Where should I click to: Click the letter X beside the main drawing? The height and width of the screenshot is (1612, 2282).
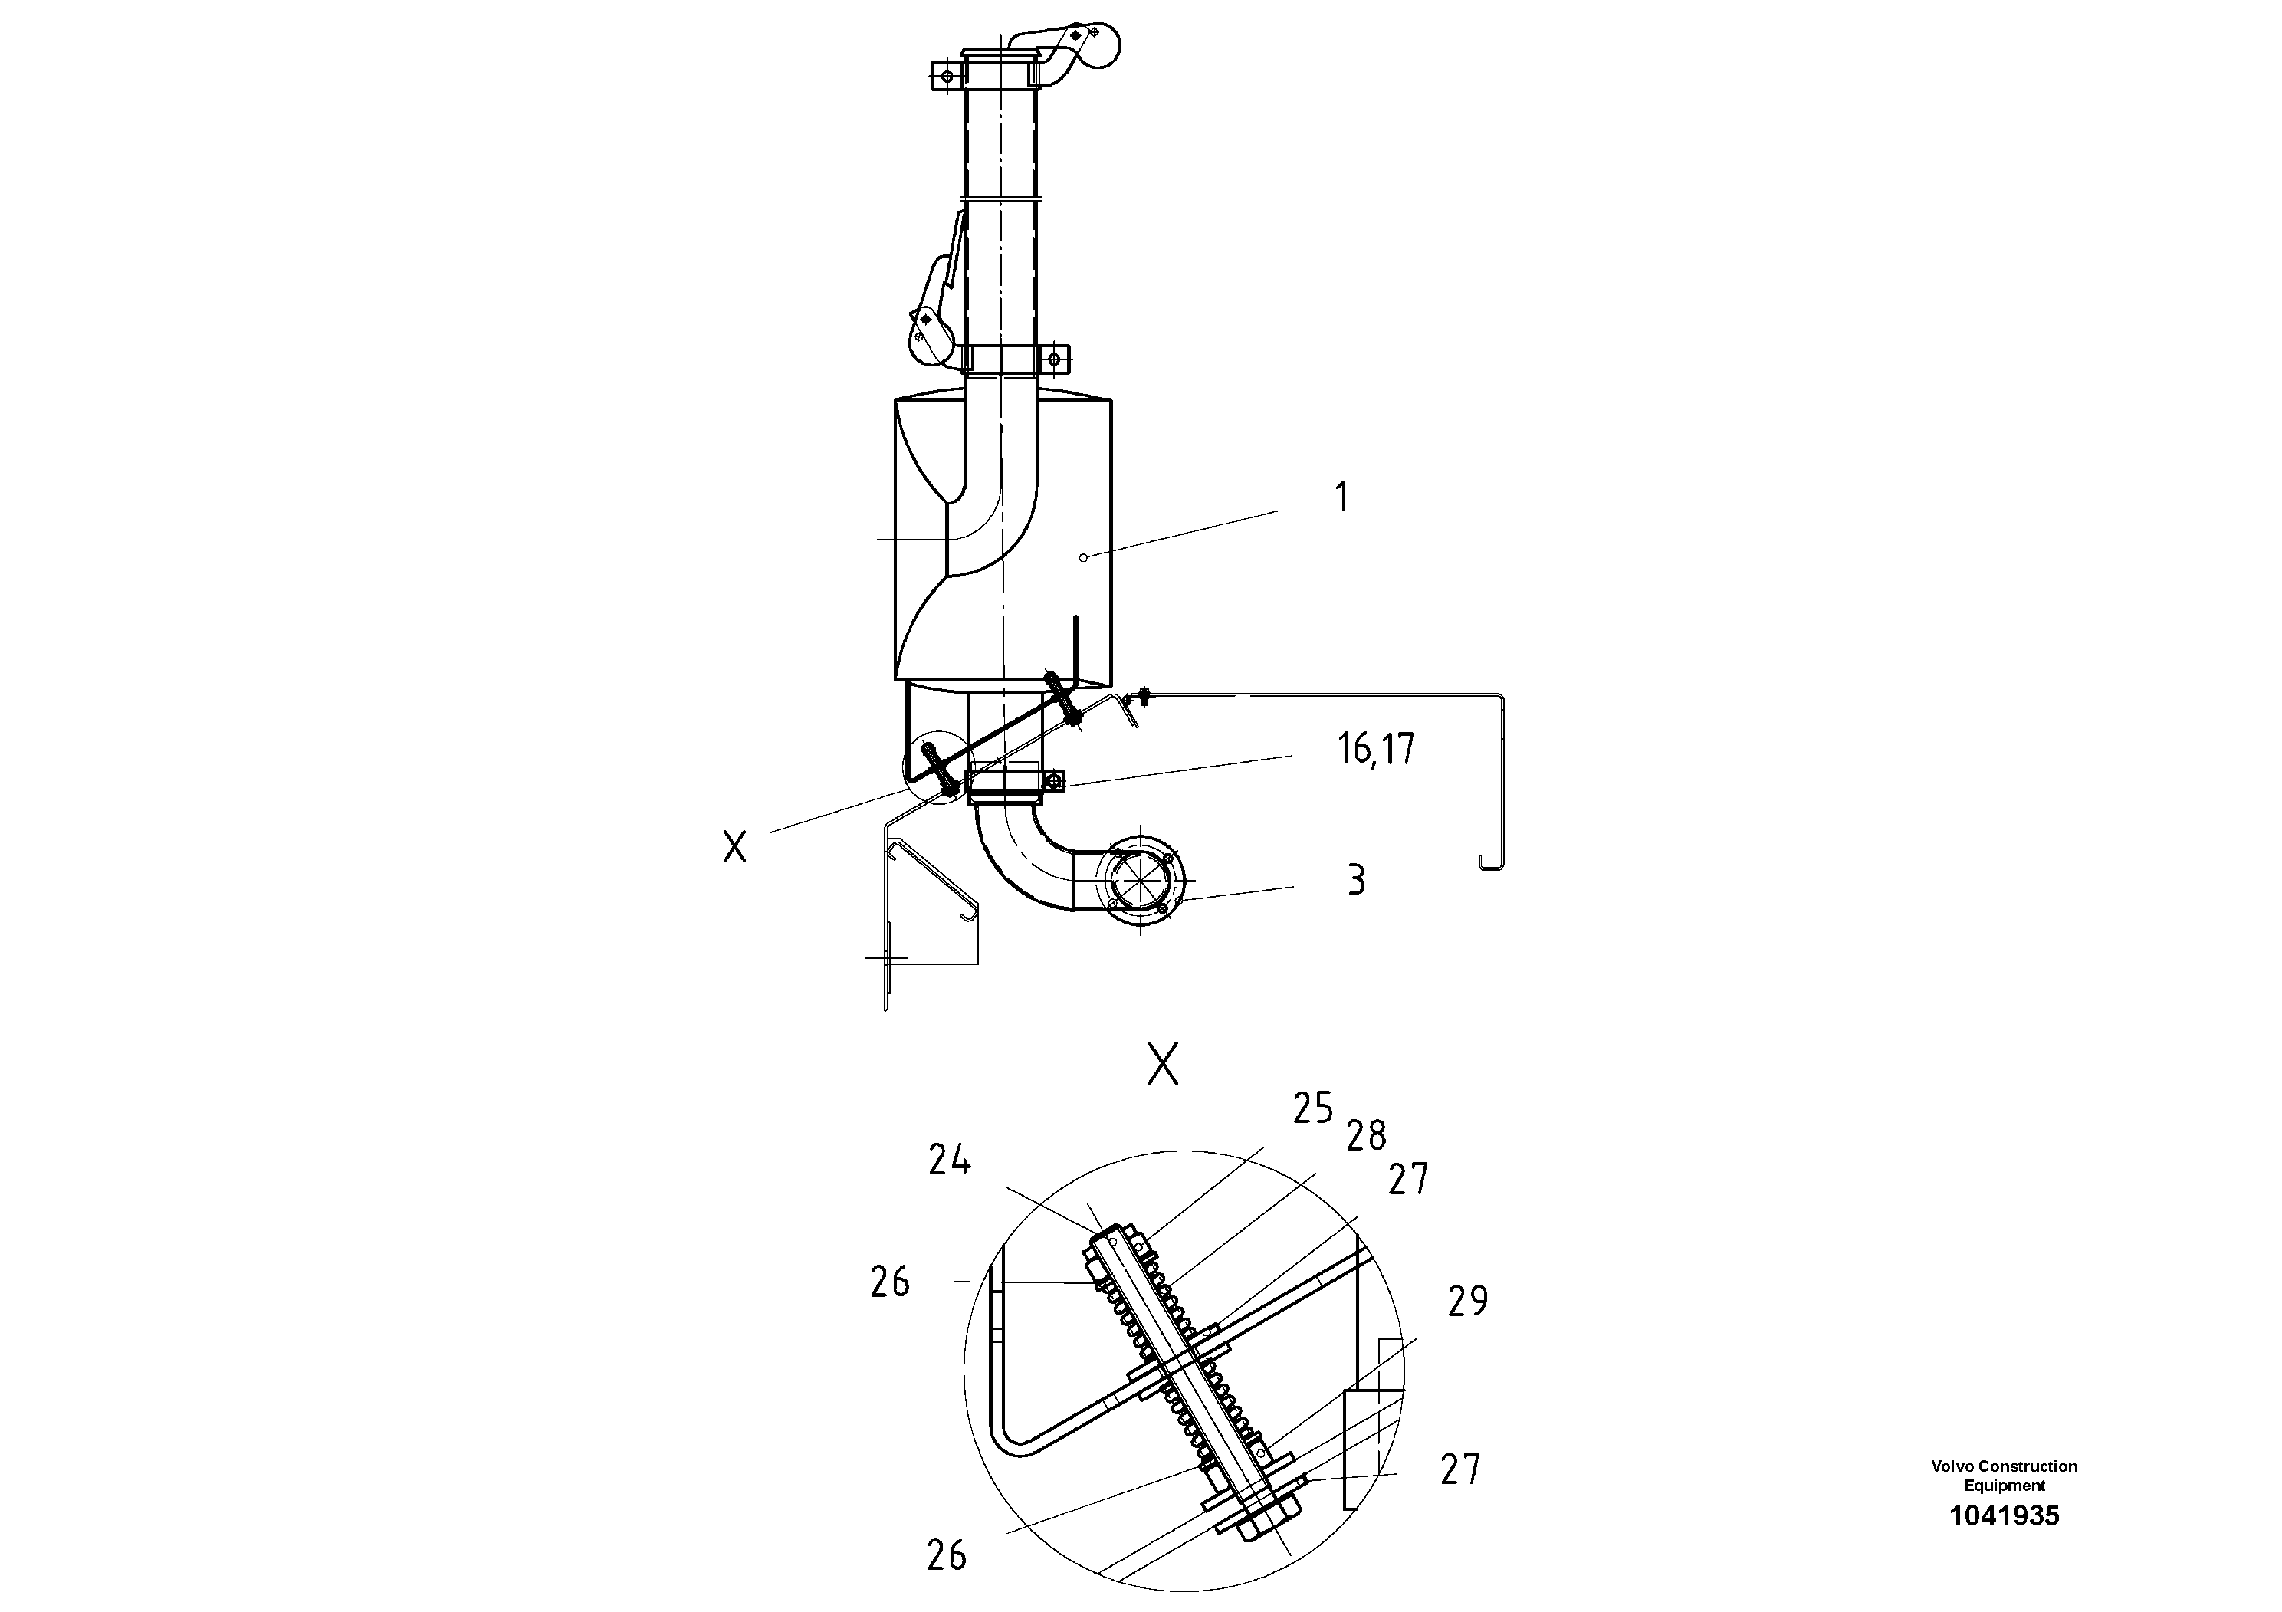pos(734,847)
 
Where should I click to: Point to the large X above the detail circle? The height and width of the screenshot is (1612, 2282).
pos(1162,1065)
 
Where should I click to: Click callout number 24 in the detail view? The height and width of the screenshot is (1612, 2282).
pos(949,1160)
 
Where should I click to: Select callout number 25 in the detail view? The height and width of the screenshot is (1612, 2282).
pos(1312,1108)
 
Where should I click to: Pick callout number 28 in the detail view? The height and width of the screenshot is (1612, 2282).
pos(1366,1136)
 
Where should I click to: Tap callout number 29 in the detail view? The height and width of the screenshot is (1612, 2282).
pos(1467,1301)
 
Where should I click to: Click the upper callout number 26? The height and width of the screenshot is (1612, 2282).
pos(889,1283)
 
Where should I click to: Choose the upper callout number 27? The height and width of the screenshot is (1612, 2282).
pos(1407,1180)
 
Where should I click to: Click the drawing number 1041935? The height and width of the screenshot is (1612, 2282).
pos(2004,1515)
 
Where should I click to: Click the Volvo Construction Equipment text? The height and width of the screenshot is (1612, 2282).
pos(2004,1476)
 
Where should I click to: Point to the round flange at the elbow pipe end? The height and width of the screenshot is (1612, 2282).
pos(1140,879)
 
